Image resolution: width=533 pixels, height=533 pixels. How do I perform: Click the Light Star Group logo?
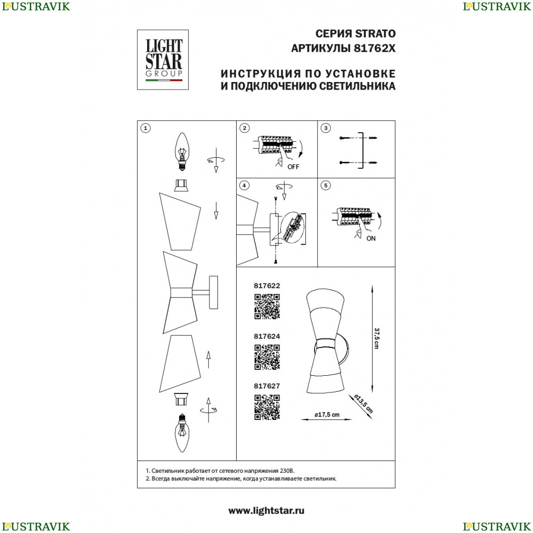[163, 60]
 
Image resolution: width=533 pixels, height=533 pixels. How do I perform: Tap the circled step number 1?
[146, 128]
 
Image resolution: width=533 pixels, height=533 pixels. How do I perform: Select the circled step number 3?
[326, 128]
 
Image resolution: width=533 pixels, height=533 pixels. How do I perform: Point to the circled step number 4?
[244, 185]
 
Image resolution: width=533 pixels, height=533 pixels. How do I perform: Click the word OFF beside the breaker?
[293, 167]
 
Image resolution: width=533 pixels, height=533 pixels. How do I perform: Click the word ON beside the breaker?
[371, 239]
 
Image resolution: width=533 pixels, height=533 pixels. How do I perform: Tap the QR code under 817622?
[267, 306]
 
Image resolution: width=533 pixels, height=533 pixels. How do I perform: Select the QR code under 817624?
[267, 357]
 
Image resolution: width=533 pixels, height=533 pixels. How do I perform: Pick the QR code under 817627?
[267, 407]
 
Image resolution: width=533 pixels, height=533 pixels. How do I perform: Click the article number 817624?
[267, 336]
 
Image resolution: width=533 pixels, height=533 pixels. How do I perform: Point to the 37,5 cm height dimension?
[376, 338]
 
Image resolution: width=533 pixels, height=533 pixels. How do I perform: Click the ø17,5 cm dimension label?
[327, 414]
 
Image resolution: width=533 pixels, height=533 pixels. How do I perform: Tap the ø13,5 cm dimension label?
[364, 403]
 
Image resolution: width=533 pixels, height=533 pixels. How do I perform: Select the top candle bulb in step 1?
[182, 151]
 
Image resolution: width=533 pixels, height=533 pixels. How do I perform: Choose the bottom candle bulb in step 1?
[182, 433]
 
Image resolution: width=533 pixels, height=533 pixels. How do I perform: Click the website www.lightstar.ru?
[266, 511]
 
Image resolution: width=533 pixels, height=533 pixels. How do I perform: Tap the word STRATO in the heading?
[375, 34]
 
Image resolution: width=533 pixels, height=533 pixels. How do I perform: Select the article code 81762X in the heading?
[375, 49]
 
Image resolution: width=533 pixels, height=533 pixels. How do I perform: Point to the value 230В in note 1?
[287, 471]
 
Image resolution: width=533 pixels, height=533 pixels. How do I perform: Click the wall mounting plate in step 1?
[214, 292]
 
